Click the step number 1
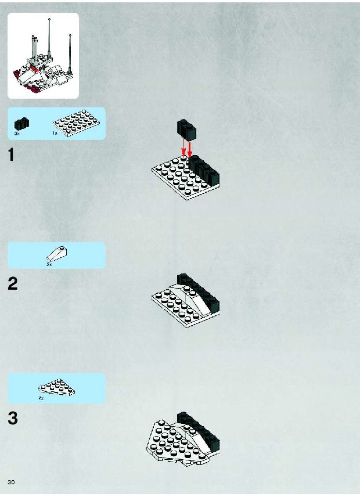12,155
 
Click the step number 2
13,284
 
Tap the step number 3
13,418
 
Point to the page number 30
11,482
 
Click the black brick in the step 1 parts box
21,124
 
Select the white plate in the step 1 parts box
76,123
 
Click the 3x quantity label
17,134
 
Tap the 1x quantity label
55,134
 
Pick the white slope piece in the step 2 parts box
57,254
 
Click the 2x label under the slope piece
49,264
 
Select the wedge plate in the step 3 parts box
57,387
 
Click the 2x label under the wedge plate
41,398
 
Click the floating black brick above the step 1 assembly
186,130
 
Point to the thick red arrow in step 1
190,150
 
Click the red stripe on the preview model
35,69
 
